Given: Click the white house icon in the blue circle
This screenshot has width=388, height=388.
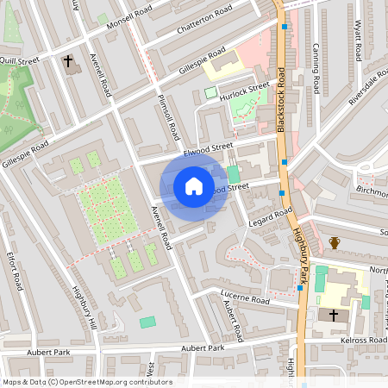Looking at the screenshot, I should click(194, 186).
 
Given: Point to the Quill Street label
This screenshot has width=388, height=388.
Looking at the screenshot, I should click(20, 61).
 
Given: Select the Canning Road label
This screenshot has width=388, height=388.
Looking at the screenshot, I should click(316, 68).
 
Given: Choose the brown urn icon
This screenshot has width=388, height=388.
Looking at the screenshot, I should click(335, 243).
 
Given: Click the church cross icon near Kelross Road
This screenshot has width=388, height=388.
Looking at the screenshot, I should click(334, 316).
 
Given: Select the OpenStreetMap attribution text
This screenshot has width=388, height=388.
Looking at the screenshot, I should click(86, 382).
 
